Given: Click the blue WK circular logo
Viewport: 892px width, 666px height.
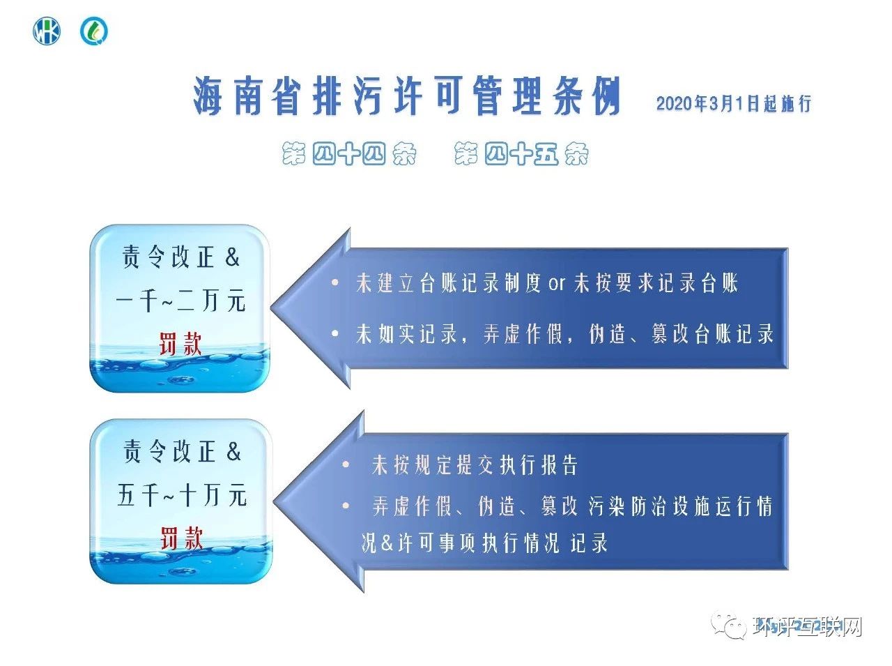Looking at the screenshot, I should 47,31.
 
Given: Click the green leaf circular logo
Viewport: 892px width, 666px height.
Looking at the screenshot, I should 93,31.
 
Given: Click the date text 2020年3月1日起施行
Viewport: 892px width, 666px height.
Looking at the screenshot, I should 734,104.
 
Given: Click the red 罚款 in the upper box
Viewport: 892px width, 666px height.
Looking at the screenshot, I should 180,344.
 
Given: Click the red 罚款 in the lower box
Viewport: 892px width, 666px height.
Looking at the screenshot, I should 181,538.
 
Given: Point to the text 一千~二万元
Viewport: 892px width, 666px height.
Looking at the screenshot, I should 180,301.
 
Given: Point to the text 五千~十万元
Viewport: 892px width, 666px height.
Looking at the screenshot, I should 182,496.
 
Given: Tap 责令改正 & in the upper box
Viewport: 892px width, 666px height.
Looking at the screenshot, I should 181,257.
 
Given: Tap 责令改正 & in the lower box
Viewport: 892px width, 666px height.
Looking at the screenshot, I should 182,452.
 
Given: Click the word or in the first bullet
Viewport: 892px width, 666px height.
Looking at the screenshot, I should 557,284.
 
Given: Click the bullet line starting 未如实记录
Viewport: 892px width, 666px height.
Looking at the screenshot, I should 564,334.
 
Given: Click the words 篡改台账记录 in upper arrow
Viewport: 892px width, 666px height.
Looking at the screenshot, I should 712,334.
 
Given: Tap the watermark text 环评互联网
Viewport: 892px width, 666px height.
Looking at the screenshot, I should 808,626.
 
